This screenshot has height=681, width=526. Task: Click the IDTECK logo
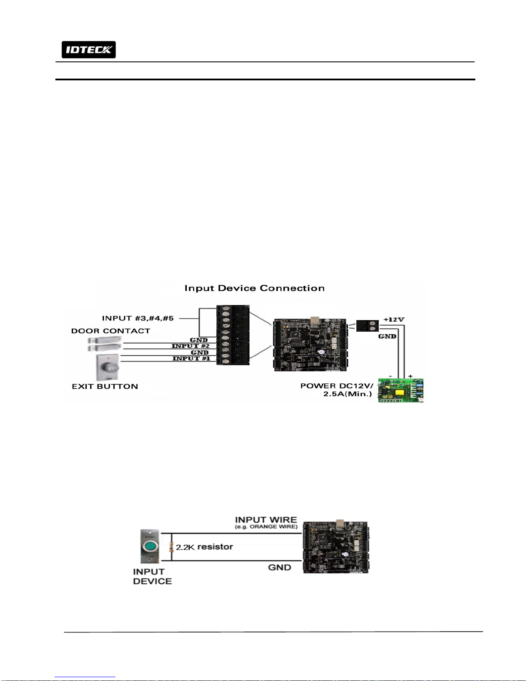click(x=88, y=49)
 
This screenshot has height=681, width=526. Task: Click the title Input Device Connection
click(x=255, y=288)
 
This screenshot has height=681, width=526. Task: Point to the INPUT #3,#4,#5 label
click(x=138, y=318)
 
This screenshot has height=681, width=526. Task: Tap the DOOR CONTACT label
click(x=111, y=331)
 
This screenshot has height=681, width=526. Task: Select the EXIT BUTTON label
click(x=105, y=386)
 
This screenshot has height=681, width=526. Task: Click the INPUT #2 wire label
click(x=190, y=346)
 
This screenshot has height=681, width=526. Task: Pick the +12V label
click(x=394, y=319)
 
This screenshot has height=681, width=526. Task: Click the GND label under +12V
click(x=387, y=336)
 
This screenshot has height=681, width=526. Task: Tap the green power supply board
click(x=401, y=391)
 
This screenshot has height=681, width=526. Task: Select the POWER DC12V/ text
click(x=337, y=386)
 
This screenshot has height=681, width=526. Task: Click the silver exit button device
click(x=107, y=367)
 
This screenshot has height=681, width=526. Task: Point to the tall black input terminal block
click(x=233, y=335)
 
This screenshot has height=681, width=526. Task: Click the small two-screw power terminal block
click(x=368, y=326)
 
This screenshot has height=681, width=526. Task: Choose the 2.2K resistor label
click(x=204, y=547)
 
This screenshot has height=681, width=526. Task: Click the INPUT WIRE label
click(x=266, y=520)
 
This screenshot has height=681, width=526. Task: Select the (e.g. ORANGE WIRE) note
click(x=266, y=527)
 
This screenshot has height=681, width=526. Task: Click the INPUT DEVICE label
click(x=152, y=576)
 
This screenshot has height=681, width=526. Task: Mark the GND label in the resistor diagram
click(x=280, y=567)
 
